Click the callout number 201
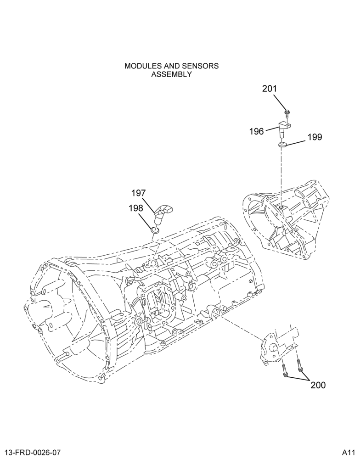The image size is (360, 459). coord(269,89)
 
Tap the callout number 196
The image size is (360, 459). coord(257,131)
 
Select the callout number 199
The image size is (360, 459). coord(315,137)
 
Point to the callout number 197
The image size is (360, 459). coord(139,193)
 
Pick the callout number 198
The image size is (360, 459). coord(135,208)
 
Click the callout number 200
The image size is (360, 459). coord(318,385)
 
